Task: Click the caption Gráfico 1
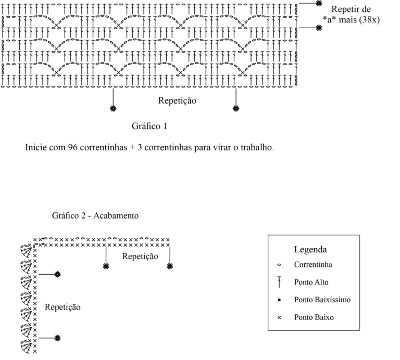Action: (149, 126)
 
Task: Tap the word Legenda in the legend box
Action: (310, 249)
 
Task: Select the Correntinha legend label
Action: (313, 265)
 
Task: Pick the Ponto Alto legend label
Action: (311, 282)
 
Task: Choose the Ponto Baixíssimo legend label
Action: (322, 300)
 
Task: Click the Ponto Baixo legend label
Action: (314, 317)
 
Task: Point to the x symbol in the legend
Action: (279, 317)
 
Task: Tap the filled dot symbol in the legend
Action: (279, 300)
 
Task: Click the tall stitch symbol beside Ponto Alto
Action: (279, 282)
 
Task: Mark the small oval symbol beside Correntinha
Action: (279, 265)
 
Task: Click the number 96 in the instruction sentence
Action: (72, 147)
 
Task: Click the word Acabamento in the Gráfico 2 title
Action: (116, 216)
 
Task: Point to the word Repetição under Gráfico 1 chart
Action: (177, 100)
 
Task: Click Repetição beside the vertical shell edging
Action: (63, 307)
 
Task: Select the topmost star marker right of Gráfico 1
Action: (319, 3)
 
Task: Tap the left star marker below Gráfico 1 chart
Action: (113, 109)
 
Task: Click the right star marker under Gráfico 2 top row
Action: (170, 266)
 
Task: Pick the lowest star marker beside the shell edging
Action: (58, 338)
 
